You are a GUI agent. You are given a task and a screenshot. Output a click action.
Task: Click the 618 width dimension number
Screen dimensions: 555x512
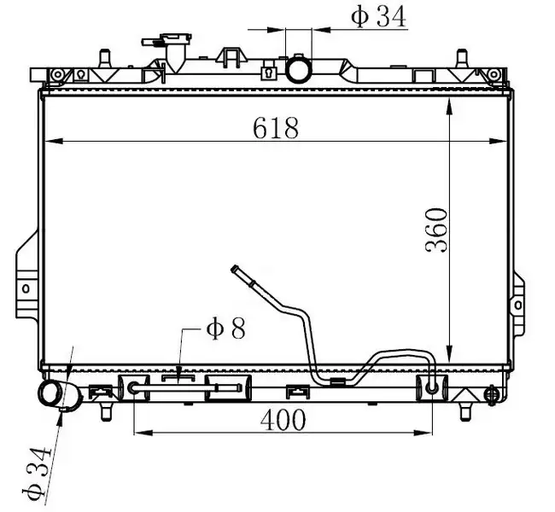tap(276, 128)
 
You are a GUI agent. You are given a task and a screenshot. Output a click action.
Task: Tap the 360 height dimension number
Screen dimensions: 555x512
tap(436, 230)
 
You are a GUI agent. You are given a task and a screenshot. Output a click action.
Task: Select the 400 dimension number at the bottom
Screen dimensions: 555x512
tap(283, 420)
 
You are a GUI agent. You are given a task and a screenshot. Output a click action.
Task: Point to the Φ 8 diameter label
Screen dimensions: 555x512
tap(225, 329)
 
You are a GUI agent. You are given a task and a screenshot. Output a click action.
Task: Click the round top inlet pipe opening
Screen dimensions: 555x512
tap(299, 70)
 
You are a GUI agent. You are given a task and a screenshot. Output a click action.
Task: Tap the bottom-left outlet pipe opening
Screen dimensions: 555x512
tap(51, 394)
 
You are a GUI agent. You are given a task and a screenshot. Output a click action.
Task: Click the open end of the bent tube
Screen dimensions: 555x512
tap(234, 269)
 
